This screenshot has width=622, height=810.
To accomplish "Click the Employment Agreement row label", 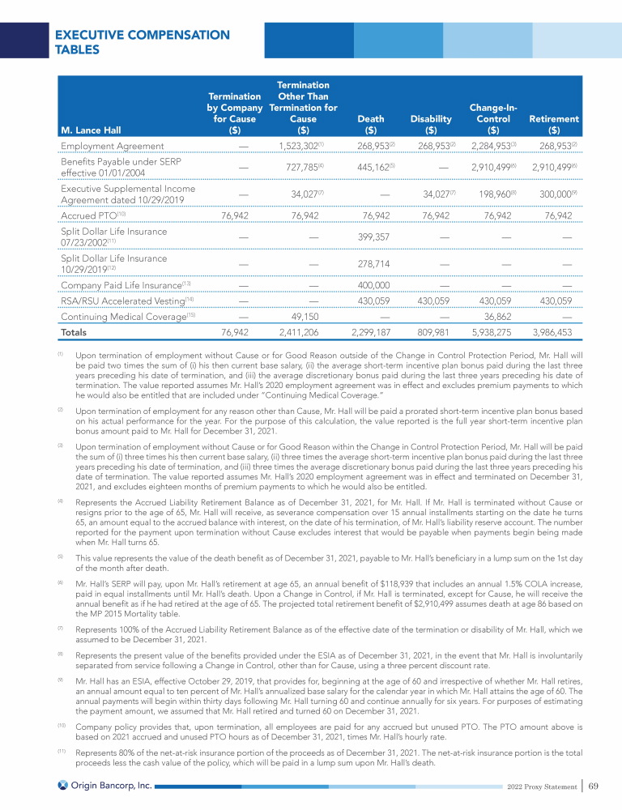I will (113, 146).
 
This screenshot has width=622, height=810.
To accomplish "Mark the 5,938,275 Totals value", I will (488, 332).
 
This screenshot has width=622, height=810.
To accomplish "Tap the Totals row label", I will (75, 332).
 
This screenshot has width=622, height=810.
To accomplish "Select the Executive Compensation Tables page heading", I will (142, 42).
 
